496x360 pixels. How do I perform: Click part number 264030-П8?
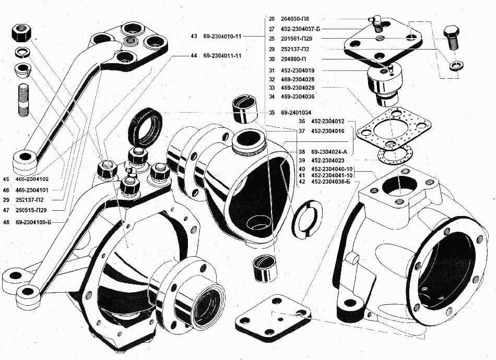pyautogui.click(x=296, y=18)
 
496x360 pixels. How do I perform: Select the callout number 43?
pyautogui.click(x=194, y=37)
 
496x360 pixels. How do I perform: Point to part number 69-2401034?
pyautogui.click(x=296, y=112)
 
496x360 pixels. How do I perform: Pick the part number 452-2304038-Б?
pyautogui.click(x=330, y=183)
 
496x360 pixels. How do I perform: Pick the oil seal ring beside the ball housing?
pyautogui.click(x=146, y=125)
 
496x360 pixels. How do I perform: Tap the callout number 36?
pyautogui.click(x=301, y=121)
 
